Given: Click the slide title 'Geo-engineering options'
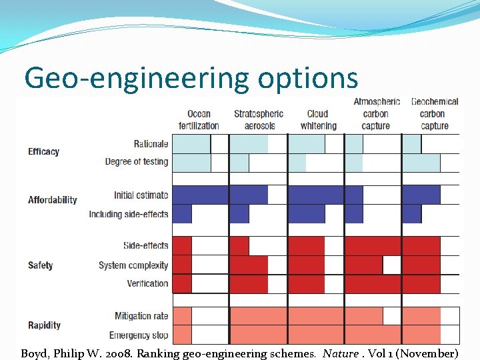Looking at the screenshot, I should click(191, 78).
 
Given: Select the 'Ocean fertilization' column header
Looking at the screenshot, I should click(199, 120).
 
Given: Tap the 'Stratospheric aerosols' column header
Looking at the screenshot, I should click(259, 120).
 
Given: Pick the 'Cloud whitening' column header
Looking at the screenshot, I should click(318, 120).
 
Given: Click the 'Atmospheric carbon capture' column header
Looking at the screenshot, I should click(376, 113).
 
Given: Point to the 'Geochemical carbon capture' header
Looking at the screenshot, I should click(435, 113).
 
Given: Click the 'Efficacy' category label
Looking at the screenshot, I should click(44, 152).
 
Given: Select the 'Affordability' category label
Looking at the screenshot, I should click(53, 200).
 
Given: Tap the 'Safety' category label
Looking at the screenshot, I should click(41, 265).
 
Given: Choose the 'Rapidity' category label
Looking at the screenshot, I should click(45, 325).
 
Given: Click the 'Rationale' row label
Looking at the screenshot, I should click(151, 143).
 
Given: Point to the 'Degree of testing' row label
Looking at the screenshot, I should click(137, 161).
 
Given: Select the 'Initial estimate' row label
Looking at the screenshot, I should click(141, 195).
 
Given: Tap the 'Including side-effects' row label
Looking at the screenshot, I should click(129, 214).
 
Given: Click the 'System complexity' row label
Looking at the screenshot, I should click(133, 265).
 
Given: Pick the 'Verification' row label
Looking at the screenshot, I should click(147, 283).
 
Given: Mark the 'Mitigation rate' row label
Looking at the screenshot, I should click(141, 316).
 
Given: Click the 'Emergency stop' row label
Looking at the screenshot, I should click(139, 335).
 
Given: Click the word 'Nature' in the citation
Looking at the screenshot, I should click(340, 353).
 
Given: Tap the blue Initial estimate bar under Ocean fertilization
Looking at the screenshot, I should click(200, 195).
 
